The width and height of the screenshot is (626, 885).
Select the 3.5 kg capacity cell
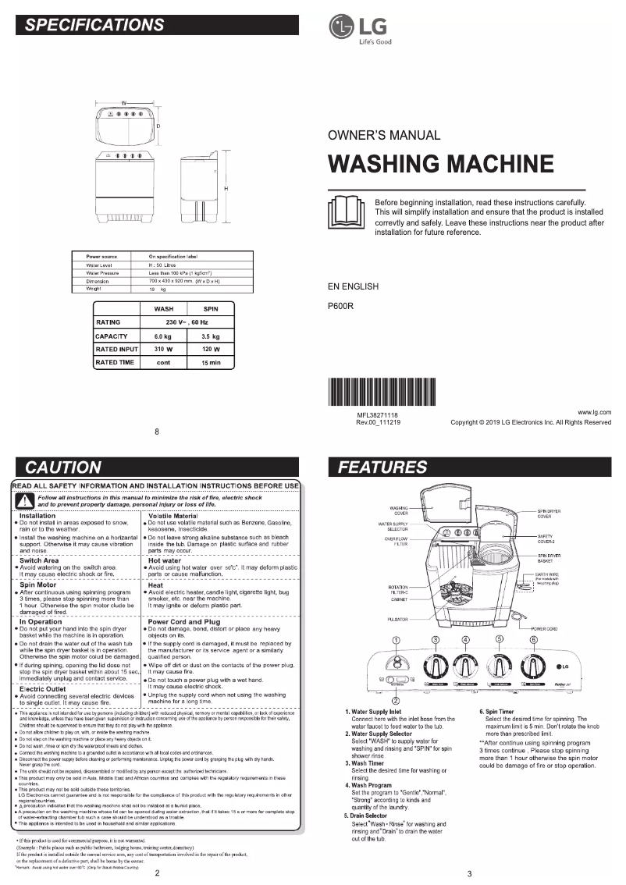(210, 336)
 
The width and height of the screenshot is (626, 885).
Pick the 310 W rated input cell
(163, 349)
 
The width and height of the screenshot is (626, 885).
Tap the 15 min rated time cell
(210, 363)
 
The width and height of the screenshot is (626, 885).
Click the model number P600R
(341, 306)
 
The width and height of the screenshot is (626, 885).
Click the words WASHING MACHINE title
(441, 164)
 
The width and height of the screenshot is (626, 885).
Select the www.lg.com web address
(594, 411)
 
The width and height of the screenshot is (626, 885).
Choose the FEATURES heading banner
(468, 467)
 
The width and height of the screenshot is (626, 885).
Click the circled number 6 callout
(534, 641)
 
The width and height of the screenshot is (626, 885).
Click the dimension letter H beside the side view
(226, 190)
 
